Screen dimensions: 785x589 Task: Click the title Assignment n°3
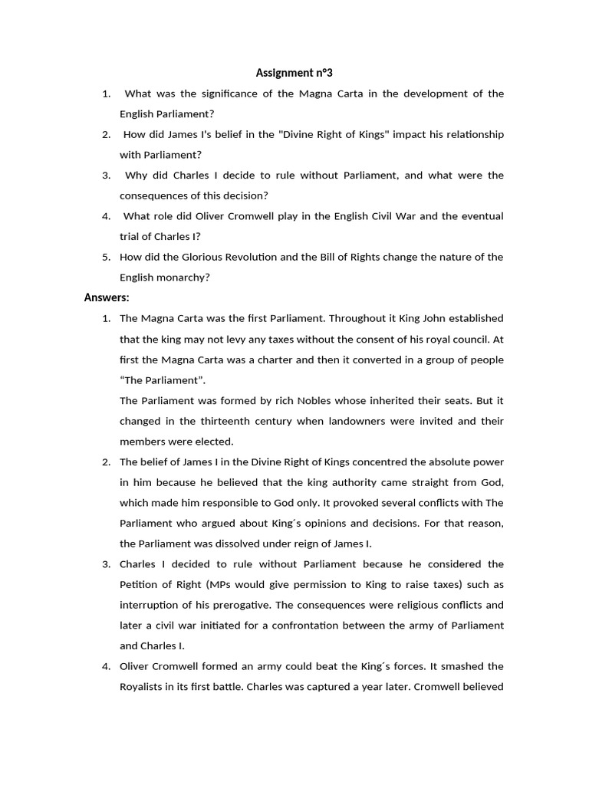point(294,73)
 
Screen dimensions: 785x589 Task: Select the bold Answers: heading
point(107,297)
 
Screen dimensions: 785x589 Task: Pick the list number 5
point(107,257)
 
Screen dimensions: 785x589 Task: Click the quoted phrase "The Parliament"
point(163,379)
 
